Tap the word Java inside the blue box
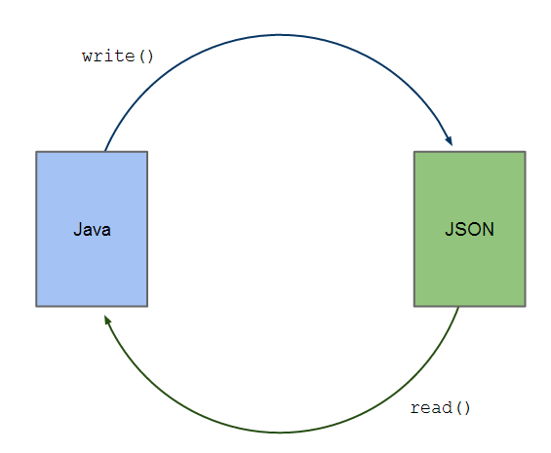(x=92, y=231)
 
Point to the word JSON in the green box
(x=469, y=230)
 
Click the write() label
(x=118, y=56)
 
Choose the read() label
(x=440, y=407)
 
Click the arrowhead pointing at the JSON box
(x=449, y=140)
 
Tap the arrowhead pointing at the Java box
(x=106, y=318)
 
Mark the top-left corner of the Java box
(x=37, y=152)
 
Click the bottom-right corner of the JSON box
(x=525, y=306)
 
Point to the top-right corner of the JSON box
(x=525, y=152)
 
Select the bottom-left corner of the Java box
(x=37, y=306)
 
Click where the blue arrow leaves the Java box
(x=104, y=152)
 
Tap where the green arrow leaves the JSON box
(x=458, y=307)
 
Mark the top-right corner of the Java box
(x=147, y=152)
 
